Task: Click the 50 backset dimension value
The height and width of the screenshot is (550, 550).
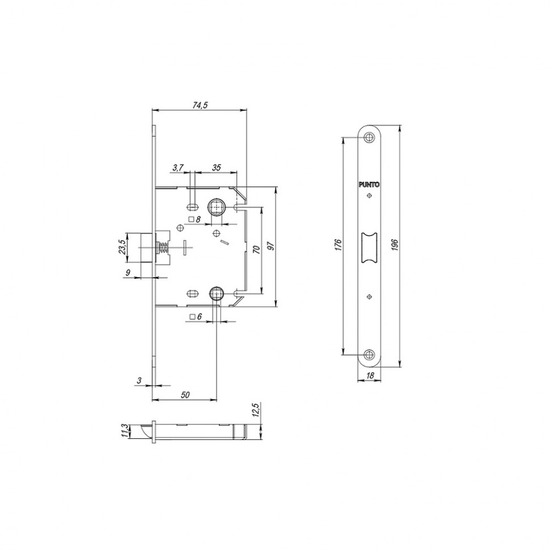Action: pyautogui.click(x=185, y=395)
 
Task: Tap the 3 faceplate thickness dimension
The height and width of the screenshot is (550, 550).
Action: pyautogui.click(x=139, y=380)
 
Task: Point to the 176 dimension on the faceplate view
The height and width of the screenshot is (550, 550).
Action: pyautogui.click(x=338, y=245)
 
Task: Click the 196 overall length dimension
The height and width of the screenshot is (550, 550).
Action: pyautogui.click(x=395, y=245)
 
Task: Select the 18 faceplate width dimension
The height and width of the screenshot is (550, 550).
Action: pyautogui.click(x=370, y=376)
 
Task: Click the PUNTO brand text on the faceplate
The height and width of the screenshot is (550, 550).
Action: pyautogui.click(x=370, y=184)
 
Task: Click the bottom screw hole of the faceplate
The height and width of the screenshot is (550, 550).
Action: pyautogui.click(x=370, y=355)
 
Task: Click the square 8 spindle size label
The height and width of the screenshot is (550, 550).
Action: pyautogui.click(x=196, y=219)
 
